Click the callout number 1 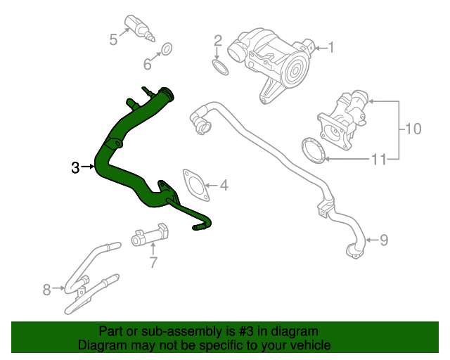click(331, 48)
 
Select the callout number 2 click(218, 40)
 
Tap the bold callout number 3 click(75, 167)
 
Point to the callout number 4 click(224, 186)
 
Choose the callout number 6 click(148, 65)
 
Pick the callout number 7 click(153, 264)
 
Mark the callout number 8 click(47, 289)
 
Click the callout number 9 click(383, 240)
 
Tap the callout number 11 click(379, 160)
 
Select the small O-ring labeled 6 click(167, 49)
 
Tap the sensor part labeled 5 click(138, 25)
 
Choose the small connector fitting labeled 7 click(149, 236)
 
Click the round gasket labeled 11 click(312, 150)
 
